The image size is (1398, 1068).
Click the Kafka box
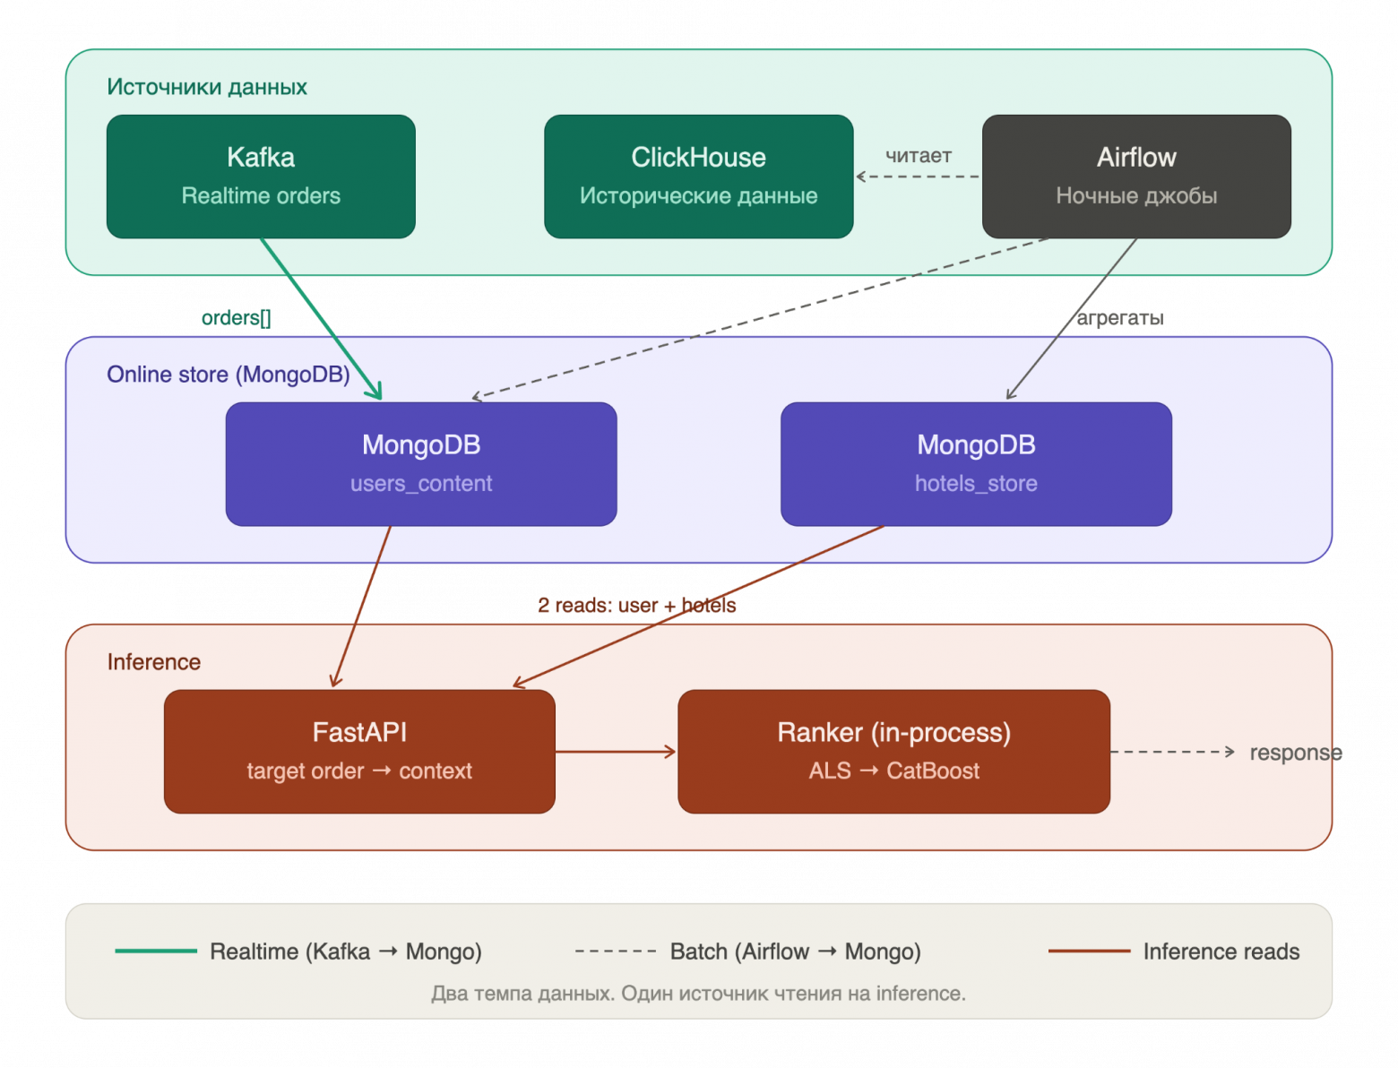[x=261, y=177]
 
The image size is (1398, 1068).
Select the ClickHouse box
[x=698, y=177]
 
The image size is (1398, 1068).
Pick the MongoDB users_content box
[x=421, y=463]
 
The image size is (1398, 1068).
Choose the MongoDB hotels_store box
[x=976, y=463]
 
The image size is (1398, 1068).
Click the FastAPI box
[x=359, y=751]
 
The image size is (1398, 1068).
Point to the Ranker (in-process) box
[x=893, y=751]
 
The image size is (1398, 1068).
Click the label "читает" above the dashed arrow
[x=918, y=155]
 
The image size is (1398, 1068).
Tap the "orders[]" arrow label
[x=236, y=317]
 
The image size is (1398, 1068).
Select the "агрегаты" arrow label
[x=1119, y=317]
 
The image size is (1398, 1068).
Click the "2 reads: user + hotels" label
[x=636, y=605]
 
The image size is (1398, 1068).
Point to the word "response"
[x=1295, y=753]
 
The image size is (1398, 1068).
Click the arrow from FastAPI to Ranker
[x=616, y=752]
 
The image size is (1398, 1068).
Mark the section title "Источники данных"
[x=206, y=87]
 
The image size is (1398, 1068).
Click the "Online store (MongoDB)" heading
[x=228, y=375]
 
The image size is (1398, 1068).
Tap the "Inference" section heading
[x=153, y=661]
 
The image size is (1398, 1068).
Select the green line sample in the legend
[x=156, y=951]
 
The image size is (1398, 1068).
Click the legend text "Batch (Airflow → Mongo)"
[x=795, y=952]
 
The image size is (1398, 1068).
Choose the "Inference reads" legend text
[x=1221, y=951]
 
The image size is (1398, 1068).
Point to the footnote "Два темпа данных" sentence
[x=698, y=993]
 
